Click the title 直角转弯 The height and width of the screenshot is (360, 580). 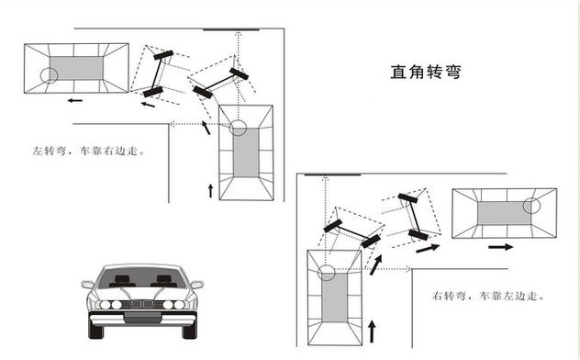(426, 72)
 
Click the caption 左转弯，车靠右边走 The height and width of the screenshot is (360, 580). (88, 151)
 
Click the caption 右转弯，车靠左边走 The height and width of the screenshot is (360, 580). (487, 296)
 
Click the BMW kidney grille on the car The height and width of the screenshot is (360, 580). (142, 304)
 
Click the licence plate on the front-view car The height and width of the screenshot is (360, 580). (142, 317)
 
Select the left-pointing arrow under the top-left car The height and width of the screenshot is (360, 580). (75, 100)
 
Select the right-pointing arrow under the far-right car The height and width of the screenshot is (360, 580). (501, 247)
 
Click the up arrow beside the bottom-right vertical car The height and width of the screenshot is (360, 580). (372, 332)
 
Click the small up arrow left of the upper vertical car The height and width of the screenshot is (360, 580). (210, 191)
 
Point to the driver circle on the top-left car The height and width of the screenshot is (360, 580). (50, 76)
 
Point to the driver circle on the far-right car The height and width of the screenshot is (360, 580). (531, 206)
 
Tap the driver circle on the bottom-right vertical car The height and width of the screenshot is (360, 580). (327, 273)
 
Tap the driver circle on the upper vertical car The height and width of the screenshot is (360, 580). (238, 128)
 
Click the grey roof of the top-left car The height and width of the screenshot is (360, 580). (77, 68)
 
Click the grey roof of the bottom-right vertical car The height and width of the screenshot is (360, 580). (334, 298)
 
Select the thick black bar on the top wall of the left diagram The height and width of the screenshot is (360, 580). (231, 29)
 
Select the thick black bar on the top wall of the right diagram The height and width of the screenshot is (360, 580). (332, 174)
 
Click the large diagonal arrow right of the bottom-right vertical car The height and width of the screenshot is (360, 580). (376, 264)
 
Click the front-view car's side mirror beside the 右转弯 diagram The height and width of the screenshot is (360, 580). (196, 285)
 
